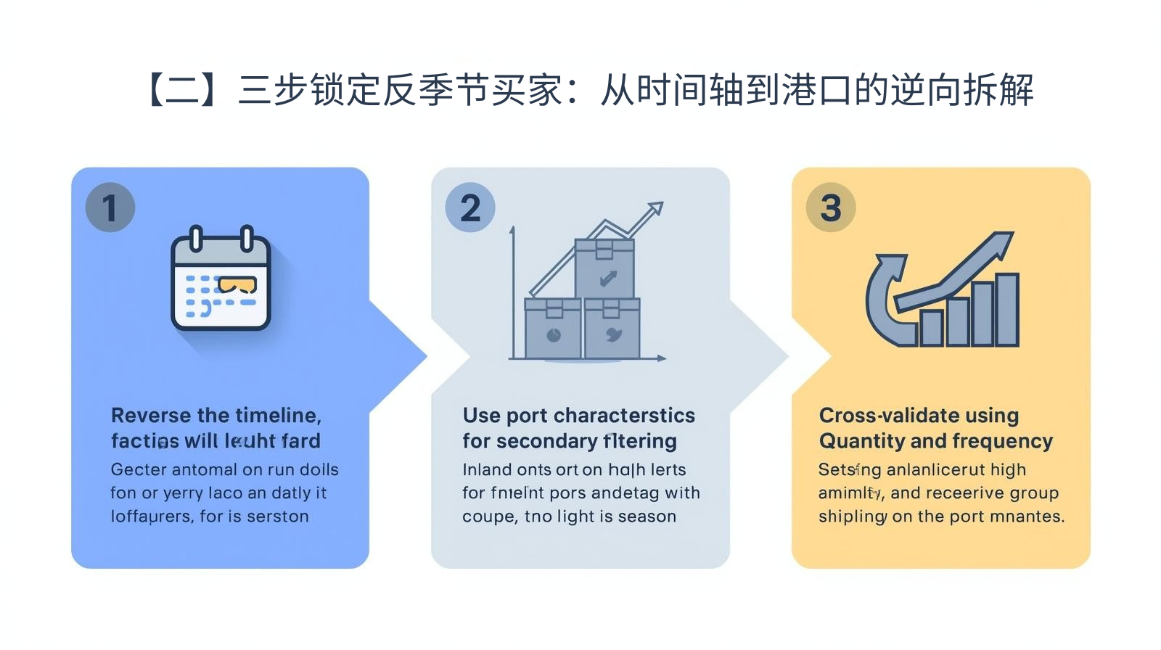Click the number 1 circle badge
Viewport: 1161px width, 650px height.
pos(110,207)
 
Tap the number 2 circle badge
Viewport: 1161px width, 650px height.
pos(470,207)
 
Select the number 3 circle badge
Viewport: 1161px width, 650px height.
pos(831,207)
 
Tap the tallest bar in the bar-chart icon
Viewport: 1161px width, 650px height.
pos(1007,310)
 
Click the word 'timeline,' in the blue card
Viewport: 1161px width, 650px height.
pos(277,416)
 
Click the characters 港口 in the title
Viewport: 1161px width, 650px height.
pos(817,90)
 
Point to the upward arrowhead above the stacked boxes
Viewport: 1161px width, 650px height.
pos(655,209)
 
